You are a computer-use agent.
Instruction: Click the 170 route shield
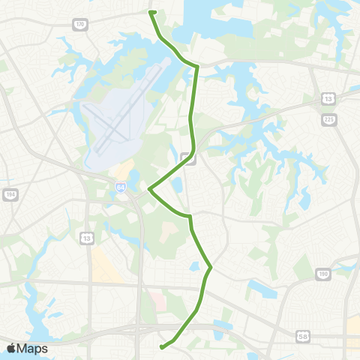click(80, 25)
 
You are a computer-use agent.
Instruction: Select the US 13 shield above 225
click(328, 97)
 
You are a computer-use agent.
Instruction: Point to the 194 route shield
click(10, 194)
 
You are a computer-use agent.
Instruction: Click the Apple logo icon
click(12, 348)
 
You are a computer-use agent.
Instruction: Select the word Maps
click(34, 348)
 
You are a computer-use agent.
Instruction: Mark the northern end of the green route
click(152, 12)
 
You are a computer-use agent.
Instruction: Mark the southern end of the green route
click(161, 347)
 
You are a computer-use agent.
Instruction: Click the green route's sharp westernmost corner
click(149, 188)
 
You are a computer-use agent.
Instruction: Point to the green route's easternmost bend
click(211, 267)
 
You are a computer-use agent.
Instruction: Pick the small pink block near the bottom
click(158, 301)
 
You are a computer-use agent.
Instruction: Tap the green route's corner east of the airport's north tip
click(197, 67)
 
